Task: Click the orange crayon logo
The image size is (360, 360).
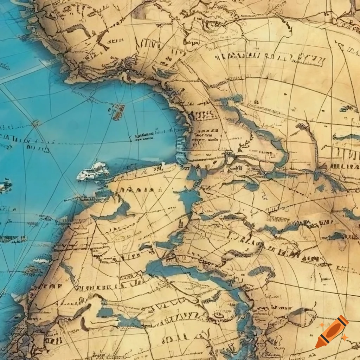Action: click(x=332, y=332)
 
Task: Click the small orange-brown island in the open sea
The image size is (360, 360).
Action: click(x=119, y=111)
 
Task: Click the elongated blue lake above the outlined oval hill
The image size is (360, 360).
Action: click(x=261, y=271)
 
